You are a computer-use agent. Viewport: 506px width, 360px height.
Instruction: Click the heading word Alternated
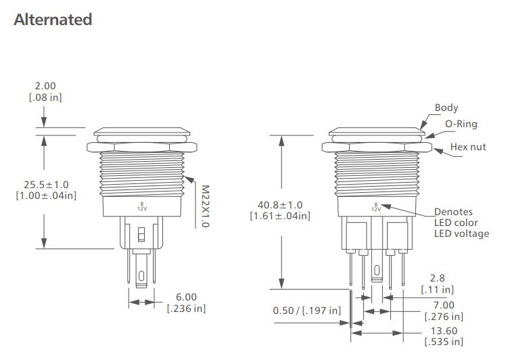(53, 20)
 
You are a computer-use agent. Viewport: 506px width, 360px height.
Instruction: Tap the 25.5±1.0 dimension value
(46, 184)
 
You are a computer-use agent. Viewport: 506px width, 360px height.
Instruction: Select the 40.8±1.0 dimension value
(280, 204)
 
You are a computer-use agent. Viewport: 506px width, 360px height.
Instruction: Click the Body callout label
(446, 108)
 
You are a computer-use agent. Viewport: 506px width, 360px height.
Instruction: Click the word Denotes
(453, 212)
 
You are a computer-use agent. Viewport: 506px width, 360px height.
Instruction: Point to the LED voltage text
(461, 233)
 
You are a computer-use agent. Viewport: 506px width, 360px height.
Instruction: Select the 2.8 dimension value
(437, 278)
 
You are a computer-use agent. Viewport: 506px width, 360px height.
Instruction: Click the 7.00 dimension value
(444, 305)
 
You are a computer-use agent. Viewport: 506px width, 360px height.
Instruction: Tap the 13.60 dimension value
(444, 330)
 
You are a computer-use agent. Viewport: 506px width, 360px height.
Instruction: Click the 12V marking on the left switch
(142, 208)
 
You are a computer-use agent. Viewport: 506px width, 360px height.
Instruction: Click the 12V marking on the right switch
(375, 210)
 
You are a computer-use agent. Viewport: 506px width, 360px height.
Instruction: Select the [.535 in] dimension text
(444, 342)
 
